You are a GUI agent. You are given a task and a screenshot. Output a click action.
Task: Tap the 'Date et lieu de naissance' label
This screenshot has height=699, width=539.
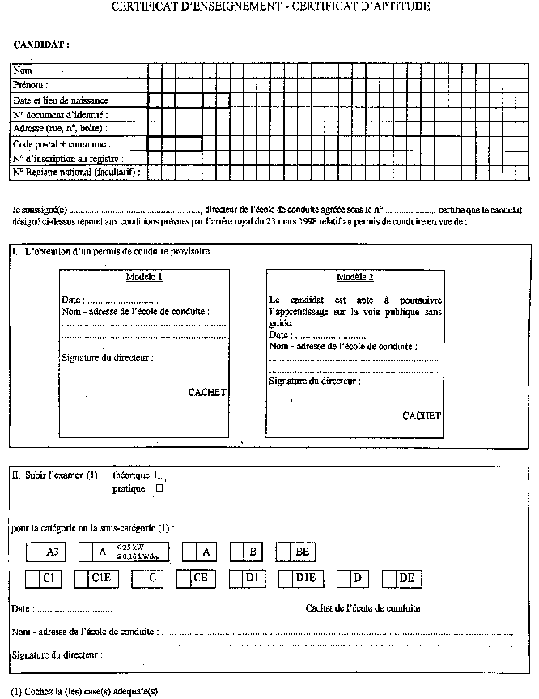62,100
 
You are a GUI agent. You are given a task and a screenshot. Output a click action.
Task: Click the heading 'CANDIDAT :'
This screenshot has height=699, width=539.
42,45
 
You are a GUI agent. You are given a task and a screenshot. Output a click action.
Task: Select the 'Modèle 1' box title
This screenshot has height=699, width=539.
145,278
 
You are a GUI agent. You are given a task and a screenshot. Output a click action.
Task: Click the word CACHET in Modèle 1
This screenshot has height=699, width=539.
207,393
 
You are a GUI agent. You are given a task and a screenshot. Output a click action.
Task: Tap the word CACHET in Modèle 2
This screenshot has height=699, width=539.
422,416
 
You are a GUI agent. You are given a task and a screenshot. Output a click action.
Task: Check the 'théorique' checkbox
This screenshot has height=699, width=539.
159,475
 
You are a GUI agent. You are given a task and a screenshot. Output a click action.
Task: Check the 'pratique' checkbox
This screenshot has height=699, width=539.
159,488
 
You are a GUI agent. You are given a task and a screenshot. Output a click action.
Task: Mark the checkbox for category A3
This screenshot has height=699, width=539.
33,552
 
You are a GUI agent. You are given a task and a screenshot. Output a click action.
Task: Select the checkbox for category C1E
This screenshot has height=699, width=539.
81,579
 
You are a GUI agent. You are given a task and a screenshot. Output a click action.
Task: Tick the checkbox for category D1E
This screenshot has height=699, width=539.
286,579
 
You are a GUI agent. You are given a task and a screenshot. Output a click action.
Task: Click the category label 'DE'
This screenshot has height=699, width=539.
407,578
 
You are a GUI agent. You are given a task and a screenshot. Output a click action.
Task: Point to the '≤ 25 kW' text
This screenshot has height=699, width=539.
129,547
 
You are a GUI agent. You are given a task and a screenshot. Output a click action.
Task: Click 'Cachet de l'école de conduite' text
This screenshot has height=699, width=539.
363,607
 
